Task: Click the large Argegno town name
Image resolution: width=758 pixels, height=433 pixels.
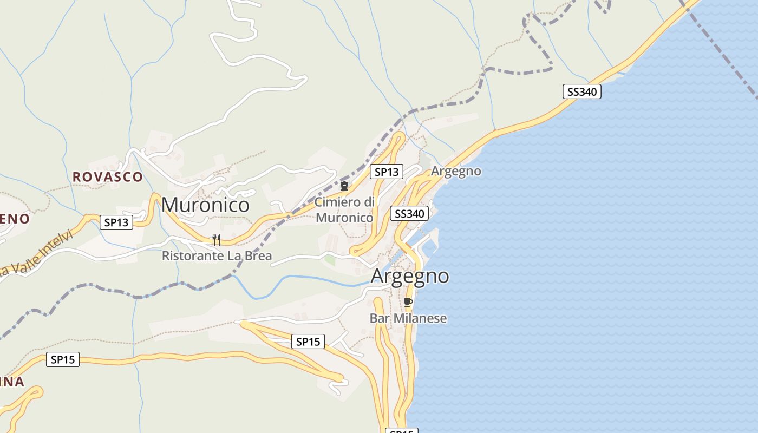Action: (410, 276)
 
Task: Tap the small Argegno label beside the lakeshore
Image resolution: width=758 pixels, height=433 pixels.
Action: (456, 171)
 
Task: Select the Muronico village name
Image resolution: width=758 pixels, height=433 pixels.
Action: (205, 205)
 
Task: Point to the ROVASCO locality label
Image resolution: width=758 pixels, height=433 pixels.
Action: (108, 177)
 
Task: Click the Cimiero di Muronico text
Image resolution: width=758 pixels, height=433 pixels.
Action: (344, 210)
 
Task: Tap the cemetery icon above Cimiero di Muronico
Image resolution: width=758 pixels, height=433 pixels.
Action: (344, 186)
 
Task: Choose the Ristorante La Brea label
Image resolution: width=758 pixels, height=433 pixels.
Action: (217, 256)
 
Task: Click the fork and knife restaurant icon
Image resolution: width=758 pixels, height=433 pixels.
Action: (216, 239)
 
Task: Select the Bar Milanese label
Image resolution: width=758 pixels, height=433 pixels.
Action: (408, 318)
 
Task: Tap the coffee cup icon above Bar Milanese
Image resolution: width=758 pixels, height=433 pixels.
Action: (408, 302)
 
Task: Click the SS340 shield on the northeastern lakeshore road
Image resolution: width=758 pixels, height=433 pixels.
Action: (581, 91)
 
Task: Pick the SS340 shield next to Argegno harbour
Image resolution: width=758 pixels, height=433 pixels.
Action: (409, 213)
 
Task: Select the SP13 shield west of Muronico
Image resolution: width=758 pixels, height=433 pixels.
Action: (116, 222)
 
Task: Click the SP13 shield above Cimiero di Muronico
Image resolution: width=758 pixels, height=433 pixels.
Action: (387, 172)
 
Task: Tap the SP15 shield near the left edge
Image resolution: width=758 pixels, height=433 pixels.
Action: (63, 359)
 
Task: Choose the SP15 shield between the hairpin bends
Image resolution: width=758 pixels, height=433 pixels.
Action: (308, 342)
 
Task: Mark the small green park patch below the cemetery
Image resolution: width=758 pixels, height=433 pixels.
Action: (330, 260)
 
